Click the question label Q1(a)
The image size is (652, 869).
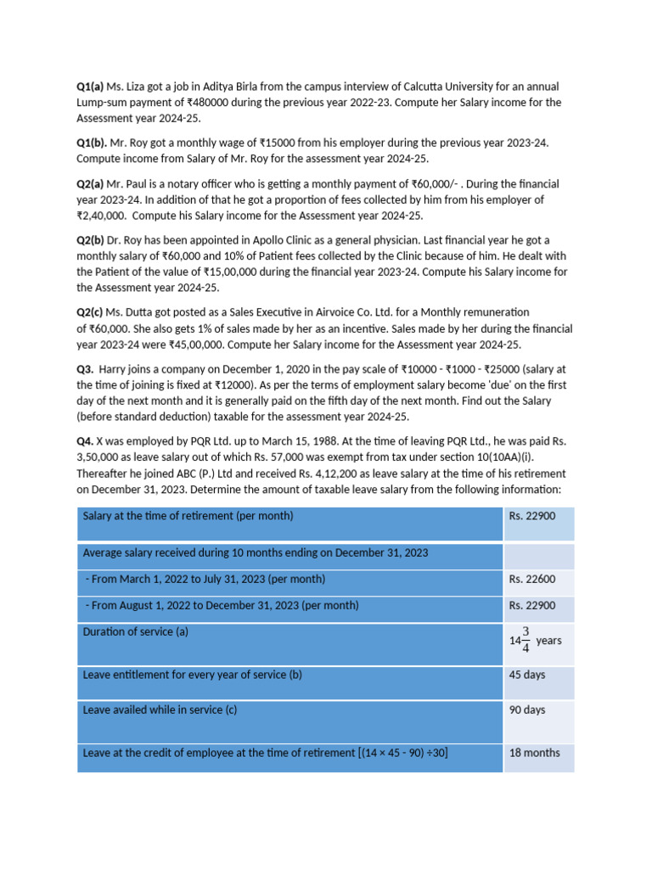point(90,87)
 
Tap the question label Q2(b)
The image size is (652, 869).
point(91,240)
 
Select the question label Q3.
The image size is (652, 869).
point(85,369)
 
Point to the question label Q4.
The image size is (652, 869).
point(85,442)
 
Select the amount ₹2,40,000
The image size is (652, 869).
point(103,216)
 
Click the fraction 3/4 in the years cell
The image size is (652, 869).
point(526,641)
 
